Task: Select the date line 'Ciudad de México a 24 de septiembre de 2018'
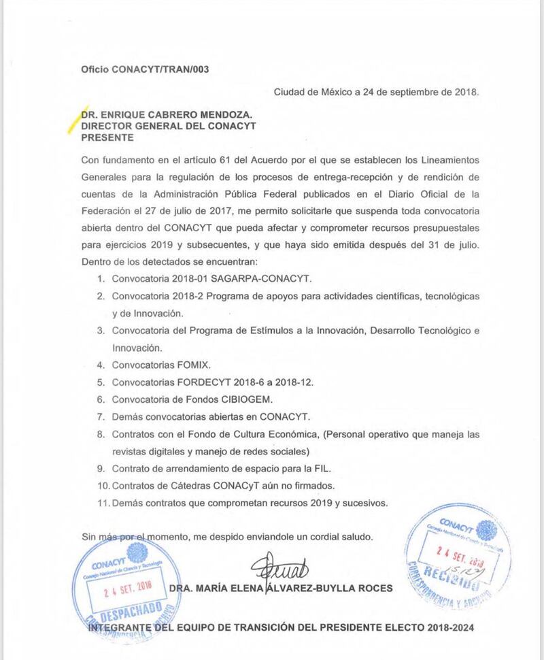click(x=376, y=92)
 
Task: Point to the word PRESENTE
click(x=107, y=137)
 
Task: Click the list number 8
click(x=100, y=433)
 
